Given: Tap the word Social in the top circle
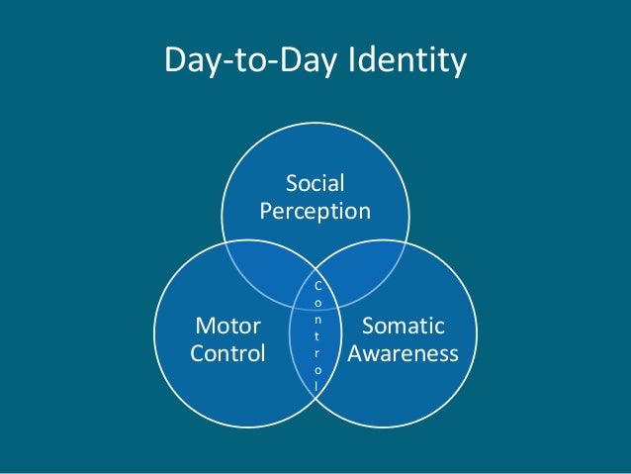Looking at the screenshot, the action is click(315, 183).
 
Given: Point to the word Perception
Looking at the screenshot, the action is click(315, 211).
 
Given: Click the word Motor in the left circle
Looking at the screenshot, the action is click(227, 326).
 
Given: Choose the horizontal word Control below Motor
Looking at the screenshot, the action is click(227, 353).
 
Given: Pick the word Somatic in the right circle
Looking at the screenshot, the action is click(404, 326).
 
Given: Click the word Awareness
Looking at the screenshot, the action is click(404, 353).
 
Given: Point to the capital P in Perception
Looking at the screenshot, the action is click(265, 211).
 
